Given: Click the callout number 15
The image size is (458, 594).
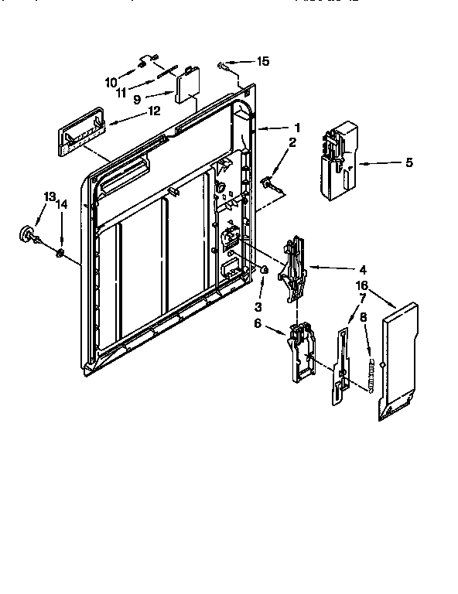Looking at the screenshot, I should point(264,61).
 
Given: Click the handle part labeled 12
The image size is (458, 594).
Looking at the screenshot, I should point(80,135).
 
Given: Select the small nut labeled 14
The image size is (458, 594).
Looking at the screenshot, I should point(60,252).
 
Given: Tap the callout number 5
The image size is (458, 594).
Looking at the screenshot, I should point(408,162).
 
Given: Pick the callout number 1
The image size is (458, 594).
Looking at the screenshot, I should point(296,127).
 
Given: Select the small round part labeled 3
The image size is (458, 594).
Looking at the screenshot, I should point(264,271).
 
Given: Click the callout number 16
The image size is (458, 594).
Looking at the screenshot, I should point(361,285).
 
